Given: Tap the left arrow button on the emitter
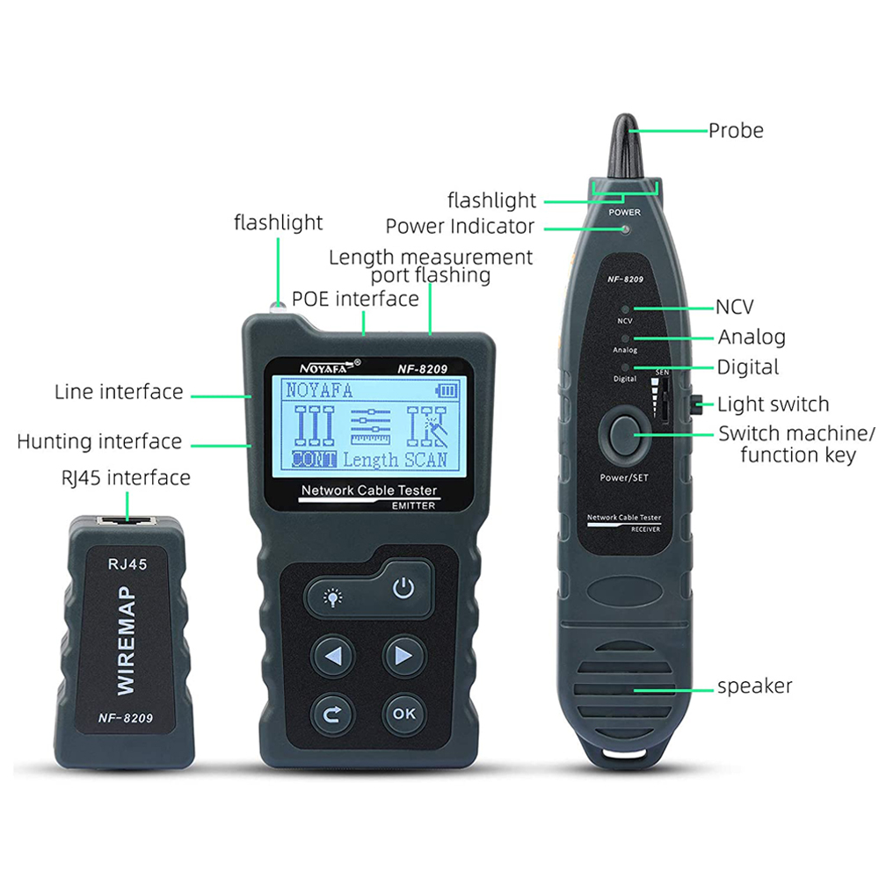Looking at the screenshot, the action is point(333,656).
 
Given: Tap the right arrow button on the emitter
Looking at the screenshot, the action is point(404,656).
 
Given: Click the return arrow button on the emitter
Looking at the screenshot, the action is point(332,714).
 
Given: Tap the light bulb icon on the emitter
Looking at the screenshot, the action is point(333,598).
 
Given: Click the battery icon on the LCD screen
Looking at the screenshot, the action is point(447,391).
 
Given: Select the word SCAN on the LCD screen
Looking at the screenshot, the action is point(426,460).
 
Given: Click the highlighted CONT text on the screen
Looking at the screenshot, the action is point(314,460).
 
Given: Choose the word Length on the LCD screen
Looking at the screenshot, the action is point(371,461).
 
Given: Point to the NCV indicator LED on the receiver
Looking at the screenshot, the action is point(625,309).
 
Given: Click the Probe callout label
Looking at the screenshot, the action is point(736,131).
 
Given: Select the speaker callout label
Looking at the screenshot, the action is point(754,686).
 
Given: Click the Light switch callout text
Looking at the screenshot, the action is point(773,404).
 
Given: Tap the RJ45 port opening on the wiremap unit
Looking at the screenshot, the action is point(127,520).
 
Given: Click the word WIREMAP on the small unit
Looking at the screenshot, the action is point(126,642).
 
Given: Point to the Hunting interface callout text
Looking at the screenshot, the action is point(100,442).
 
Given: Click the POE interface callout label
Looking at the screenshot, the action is point(355,299).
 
